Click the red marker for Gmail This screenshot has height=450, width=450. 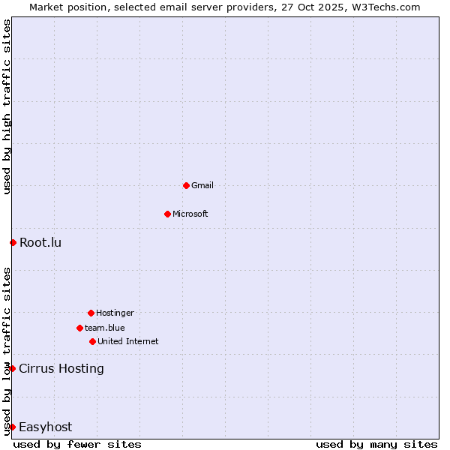[186, 185]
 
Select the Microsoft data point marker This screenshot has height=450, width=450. [167, 214]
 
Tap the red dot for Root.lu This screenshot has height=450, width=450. [13, 242]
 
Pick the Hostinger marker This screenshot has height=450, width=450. [91, 313]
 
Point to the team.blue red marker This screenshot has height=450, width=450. [79, 328]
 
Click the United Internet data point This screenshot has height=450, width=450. [92, 341]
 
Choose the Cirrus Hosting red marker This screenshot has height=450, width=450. [13, 368]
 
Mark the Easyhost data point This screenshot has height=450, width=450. [13, 427]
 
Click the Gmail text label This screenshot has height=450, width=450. [202, 185]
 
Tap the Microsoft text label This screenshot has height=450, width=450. [190, 214]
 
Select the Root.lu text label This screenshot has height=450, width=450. [40, 242]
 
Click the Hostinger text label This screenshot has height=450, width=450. [115, 313]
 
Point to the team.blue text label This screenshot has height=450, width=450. [105, 328]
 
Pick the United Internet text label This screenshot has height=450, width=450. [128, 341]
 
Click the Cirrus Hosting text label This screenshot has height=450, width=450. [61, 368]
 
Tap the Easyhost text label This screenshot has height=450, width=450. [46, 427]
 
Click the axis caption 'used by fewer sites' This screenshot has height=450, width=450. [77, 444]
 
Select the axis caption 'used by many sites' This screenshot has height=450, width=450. [376, 444]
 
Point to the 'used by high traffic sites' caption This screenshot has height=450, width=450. [7, 107]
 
